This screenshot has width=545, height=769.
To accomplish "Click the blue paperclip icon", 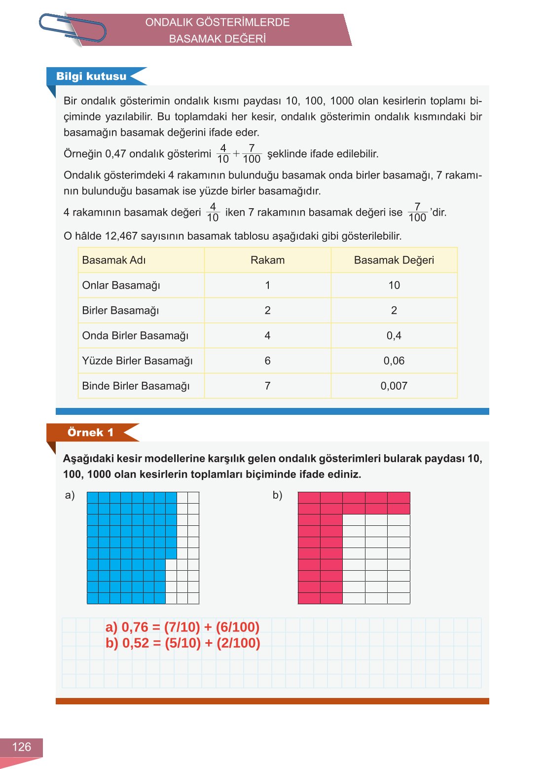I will (x=73, y=28).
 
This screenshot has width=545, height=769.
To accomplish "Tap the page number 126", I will (x=21, y=747).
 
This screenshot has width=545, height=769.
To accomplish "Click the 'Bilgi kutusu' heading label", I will (x=91, y=76).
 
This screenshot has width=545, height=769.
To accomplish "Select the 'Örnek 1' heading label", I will (x=90, y=433).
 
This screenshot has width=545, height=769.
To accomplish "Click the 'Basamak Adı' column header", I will (x=114, y=260).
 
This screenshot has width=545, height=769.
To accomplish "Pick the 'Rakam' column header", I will (x=267, y=260).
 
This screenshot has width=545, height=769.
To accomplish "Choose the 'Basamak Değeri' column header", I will (x=394, y=260).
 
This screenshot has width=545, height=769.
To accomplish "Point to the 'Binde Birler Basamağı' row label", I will (x=136, y=386).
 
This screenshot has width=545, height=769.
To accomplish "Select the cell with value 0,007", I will (x=394, y=386).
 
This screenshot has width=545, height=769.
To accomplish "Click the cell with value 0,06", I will (x=394, y=361).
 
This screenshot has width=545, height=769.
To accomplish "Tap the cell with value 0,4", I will (x=394, y=335).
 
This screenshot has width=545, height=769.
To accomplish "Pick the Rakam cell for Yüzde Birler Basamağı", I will (x=267, y=361).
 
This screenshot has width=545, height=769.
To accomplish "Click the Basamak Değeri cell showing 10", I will (x=394, y=285).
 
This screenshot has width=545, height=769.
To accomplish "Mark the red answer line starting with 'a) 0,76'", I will (x=182, y=627).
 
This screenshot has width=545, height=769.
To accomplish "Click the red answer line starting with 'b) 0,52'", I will (x=182, y=643).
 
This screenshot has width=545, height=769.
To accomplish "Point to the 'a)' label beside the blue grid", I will (x=70, y=495).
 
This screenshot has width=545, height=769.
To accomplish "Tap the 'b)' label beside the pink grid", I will (x=277, y=495).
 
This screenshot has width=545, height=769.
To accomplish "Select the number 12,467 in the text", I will (x=121, y=236).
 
